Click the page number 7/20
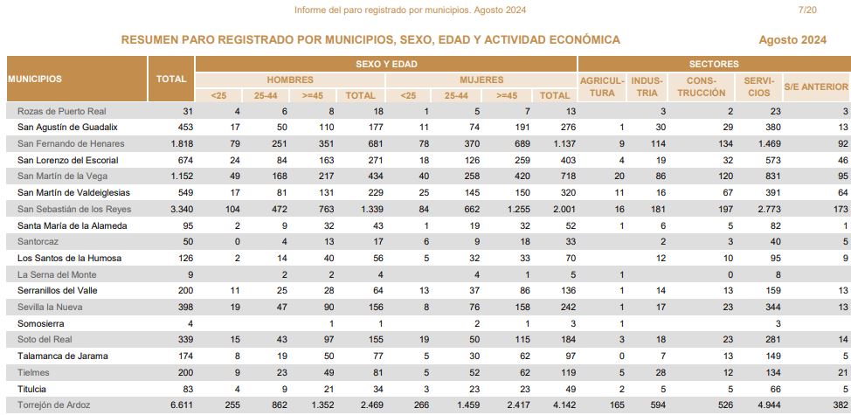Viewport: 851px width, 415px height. pos(807,10)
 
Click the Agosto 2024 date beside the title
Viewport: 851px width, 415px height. pos(792,40)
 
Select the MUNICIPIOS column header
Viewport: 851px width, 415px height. pos(35,79)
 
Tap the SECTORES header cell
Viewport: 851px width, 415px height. pos(714,64)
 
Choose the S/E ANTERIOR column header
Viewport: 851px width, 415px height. pos(816,86)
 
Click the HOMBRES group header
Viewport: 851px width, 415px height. pos(290,80)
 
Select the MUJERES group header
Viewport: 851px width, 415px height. pos(481,80)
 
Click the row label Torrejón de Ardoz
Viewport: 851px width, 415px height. pos(53,405)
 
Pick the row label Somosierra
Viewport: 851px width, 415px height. pos(41,324)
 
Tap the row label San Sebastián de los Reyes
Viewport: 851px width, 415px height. pos(74,210)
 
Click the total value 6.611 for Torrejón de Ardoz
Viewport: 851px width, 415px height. pos(182,405)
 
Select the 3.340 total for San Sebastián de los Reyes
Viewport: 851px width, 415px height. pos(182,210)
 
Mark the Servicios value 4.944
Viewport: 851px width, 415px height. pos(770,405)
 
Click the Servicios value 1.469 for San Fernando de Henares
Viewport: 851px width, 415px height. pos(770,144)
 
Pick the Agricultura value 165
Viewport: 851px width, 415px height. pos(617,405)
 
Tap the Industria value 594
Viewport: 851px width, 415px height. pos(658,405)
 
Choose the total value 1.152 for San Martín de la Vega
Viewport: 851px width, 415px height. pos(182,176)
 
